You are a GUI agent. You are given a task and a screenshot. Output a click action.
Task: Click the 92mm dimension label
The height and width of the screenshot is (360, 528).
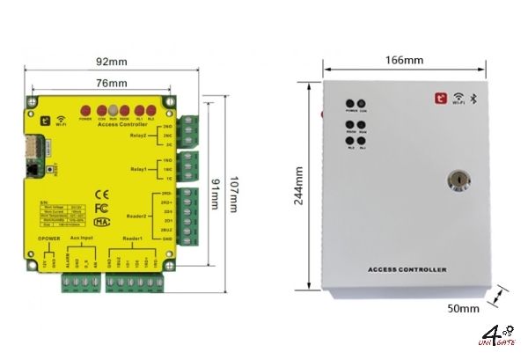coord(113,62)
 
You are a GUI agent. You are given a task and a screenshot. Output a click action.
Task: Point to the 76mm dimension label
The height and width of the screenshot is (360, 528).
coord(112,82)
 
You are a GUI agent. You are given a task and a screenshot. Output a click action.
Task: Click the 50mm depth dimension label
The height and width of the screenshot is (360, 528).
coord(463,309)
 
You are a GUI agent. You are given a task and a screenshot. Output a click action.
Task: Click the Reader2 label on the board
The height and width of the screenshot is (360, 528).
coord(139,214)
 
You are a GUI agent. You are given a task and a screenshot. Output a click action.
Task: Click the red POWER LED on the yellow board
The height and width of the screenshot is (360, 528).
coord(85,110)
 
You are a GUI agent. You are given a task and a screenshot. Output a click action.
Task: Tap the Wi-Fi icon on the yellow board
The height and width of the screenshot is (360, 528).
coord(61,117)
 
